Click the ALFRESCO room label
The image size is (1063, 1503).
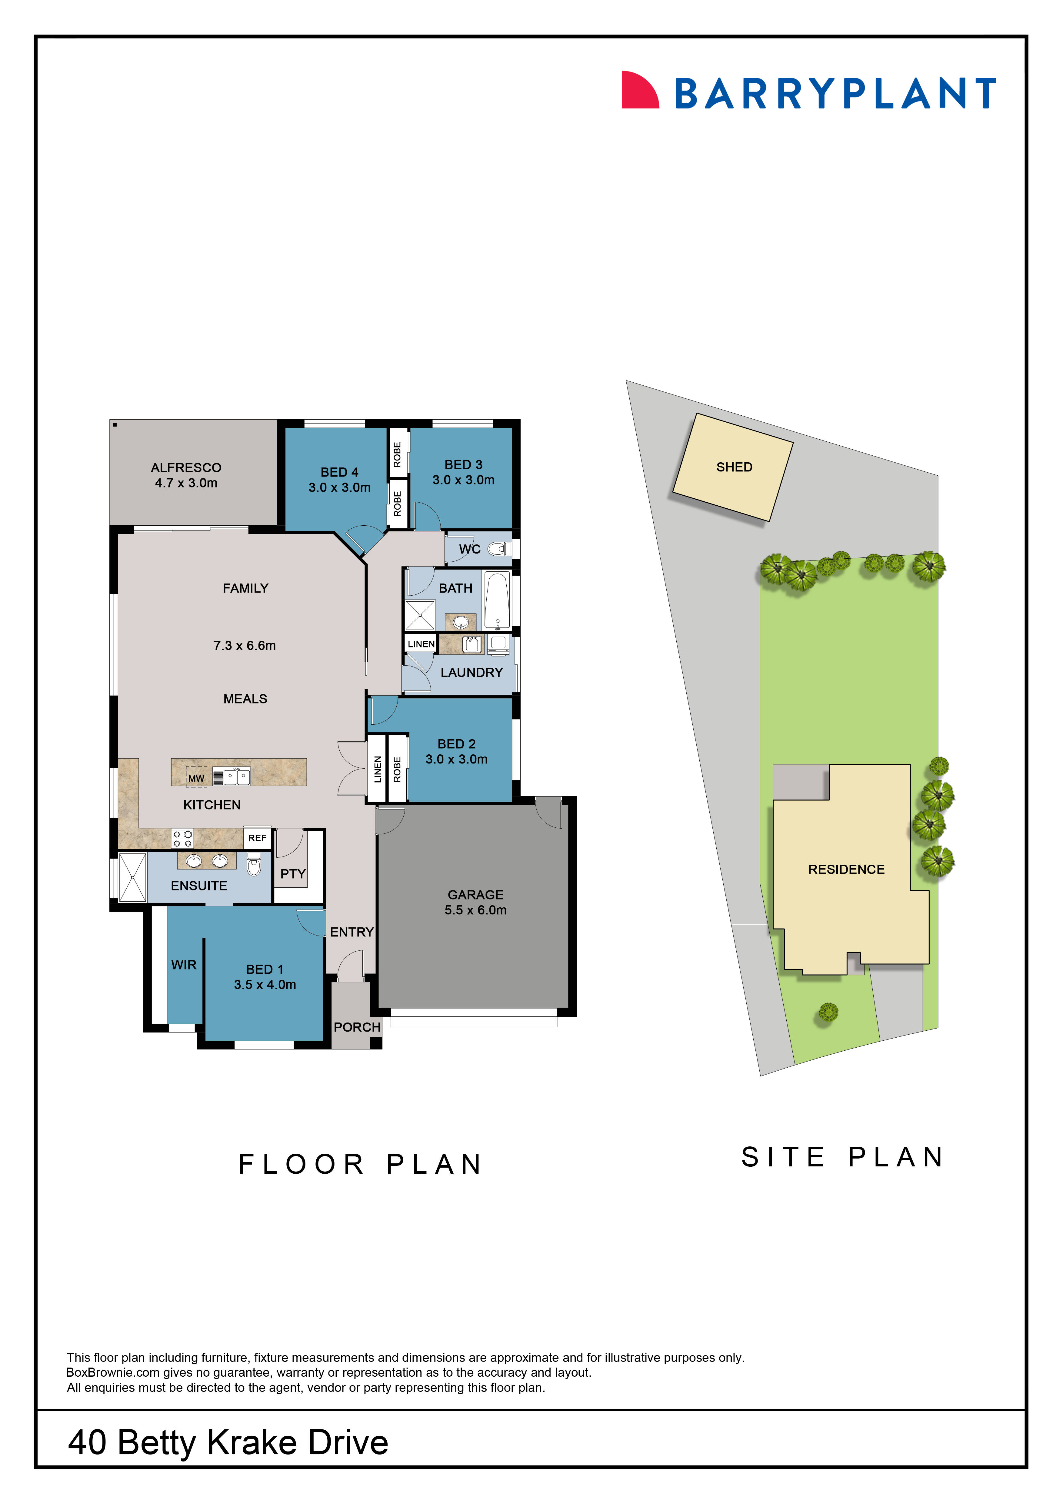pyautogui.click(x=186, y=467)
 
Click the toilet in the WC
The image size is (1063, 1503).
pyautogui.click(x=499, y=549)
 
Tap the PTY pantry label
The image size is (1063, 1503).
pyautogui.click(x=293, y=874)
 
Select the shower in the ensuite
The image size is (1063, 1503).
pyautogui.click(x=132, y=877)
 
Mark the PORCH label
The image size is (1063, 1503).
pyautogui.click(x=357, y=1027)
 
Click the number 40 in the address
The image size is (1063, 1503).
pyautogui.click(x=87, y=1443)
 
